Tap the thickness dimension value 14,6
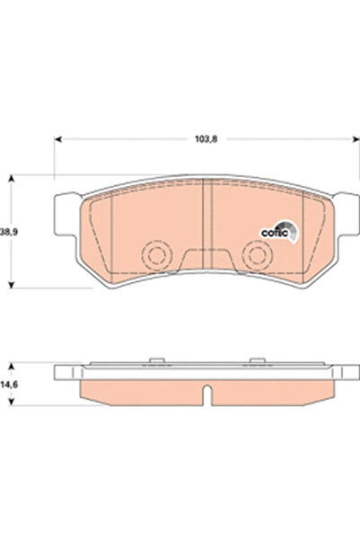[8, 385]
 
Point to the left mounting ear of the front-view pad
[65, 213]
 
